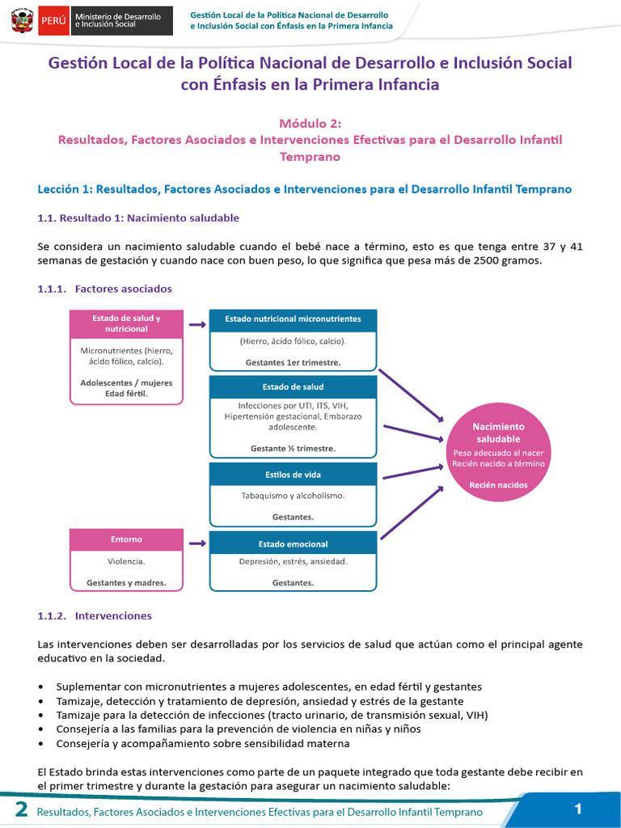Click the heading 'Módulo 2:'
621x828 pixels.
coord(310,124)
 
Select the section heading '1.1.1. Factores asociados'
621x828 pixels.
coord(104,289)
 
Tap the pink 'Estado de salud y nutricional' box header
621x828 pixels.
coord(125,323)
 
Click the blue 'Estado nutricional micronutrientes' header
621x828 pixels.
coord(293,319)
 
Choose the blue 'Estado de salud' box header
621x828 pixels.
coord(293,387)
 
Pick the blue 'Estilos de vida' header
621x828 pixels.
coord(293,474)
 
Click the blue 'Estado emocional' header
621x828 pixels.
coord(293,543)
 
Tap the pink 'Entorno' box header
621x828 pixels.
coord(125,539)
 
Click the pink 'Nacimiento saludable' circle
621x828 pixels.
coord(498,455)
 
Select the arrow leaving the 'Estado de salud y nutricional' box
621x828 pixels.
coord(196,324)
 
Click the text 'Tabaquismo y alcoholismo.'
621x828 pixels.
coord(293,496)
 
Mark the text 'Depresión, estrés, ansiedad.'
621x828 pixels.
coord(293,562)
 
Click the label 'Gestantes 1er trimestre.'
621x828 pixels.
coord(293,362)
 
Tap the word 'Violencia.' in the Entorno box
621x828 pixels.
coord(126,560)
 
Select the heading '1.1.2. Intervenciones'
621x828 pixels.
coord(95,616)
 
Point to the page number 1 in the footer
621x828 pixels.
coord(578,809)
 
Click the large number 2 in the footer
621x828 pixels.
coord(21,810)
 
